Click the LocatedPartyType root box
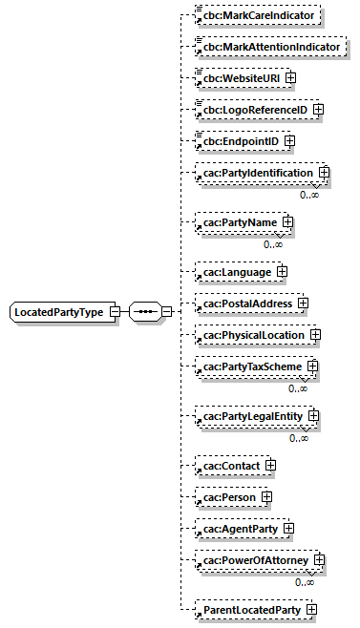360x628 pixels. tap(59, 312)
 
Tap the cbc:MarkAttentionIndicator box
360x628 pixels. tap(268, 47)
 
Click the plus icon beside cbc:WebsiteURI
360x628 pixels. tap(291, 77)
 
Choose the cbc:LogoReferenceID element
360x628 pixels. tap(254, 110)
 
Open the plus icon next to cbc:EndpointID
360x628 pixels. tap(289, 141)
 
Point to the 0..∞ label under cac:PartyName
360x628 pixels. tap(273, 244)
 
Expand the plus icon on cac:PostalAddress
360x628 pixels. tap(303, 304)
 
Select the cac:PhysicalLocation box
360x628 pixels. tap(252, 335)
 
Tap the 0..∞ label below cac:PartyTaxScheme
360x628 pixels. tap(298, 388)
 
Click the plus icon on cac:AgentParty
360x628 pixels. tap(287, 528)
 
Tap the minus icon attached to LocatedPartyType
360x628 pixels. tap(114, 312)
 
